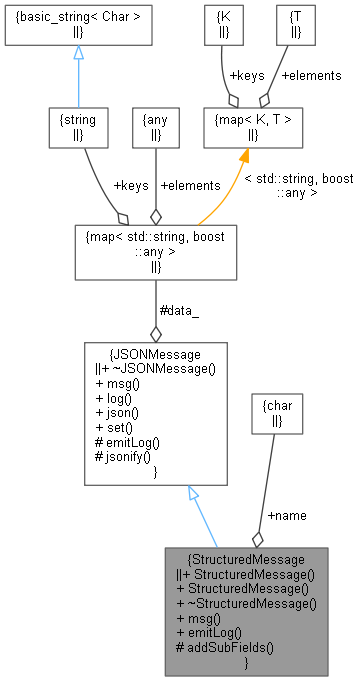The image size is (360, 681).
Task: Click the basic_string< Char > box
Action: (77, 26)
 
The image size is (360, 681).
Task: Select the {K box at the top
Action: (223, 26)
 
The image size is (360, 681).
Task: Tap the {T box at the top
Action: (295, 26)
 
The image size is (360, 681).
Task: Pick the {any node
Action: (155, 128)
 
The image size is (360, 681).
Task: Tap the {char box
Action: (274, 413)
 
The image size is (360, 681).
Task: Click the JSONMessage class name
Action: (158, 354)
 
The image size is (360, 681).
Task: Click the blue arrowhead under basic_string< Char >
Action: (77, 51)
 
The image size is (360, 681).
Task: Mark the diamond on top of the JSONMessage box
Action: (155, 333)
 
